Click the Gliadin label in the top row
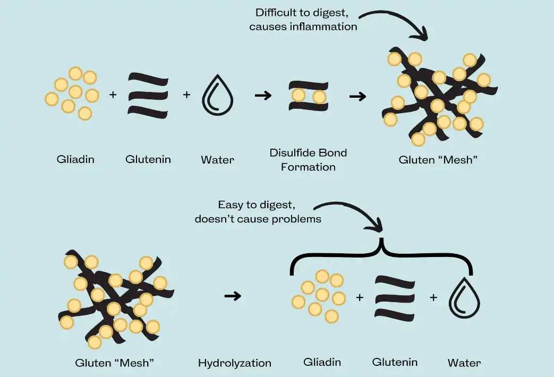[x=75, y=159]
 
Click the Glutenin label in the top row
[x=148, y=159]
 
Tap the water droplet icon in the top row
[x=218, y=95]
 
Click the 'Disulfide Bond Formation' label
[x=308, y=160]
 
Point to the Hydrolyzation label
[x=234, y=363]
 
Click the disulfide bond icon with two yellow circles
[x=309, y=96]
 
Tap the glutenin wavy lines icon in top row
[x=148, y=95]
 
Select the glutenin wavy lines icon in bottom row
[x=395, y=297]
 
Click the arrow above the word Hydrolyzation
[x=233, y=296]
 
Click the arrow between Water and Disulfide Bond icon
[x=263, y=96]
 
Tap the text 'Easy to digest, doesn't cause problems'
[x=258, y=211]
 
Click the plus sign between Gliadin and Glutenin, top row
[x=113, y=95]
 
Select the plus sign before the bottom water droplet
[x=433, y=298]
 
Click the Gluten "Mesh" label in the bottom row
[x=115, y=363]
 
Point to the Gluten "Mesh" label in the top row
[x=439, y=160]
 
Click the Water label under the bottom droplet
[x=464, y=363]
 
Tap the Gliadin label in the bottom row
[x=322, y=362]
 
